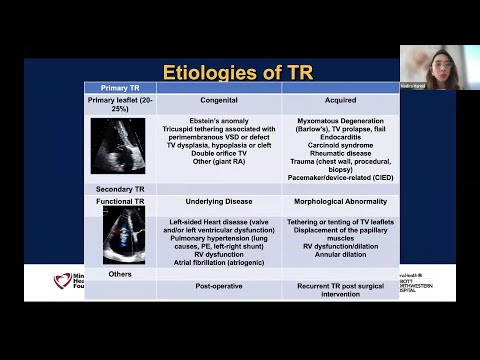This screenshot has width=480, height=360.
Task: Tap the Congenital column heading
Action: click(x=219, y=100)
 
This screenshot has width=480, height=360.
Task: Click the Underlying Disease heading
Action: click(x=219, y=201)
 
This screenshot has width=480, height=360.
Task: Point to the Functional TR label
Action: click(x=120, y=201)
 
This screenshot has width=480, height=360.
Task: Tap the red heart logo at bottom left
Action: click(x=63, y=282)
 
